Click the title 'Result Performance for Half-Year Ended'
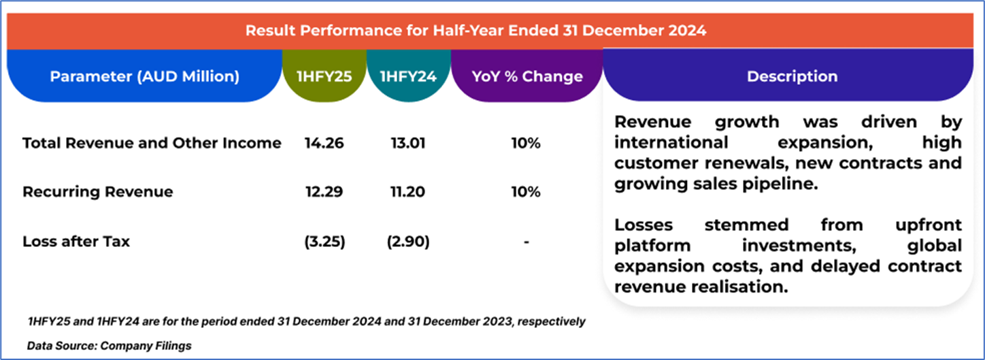click(475, 31)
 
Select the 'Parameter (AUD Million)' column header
click(144, 76)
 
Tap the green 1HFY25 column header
click(324, 76)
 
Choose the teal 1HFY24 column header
click(408, 76)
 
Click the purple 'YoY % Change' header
click(527, 76)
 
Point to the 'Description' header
click(792, 76)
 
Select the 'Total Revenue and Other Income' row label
click(152, 143)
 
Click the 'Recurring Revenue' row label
click(98, 192)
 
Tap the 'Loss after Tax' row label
click(76, 241)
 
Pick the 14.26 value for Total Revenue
click(324, 143)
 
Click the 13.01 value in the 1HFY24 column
click(408, 143)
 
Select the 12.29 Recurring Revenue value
click(324, 192)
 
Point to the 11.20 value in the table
click(408, 192)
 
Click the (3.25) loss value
click(324, 241)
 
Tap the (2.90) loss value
click(408, 241)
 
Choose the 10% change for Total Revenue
click(527, 143)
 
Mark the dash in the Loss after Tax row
click(527, 242)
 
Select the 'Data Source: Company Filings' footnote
click(110, 346)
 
